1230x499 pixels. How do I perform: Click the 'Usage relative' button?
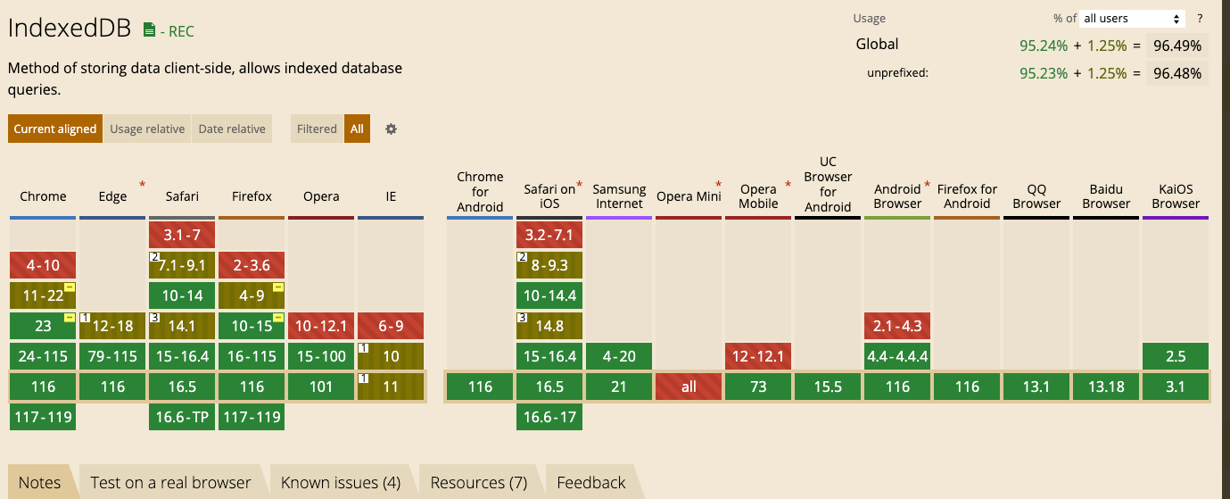[147, 129]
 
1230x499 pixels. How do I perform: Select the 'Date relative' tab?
[232, 129]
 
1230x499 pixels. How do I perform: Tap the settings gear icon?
[391, 129]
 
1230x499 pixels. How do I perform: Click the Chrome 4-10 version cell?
[43, 265]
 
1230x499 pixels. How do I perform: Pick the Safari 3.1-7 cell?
[182, 235]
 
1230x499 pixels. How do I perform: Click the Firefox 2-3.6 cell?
[252, 265]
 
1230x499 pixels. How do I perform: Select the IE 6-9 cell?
[391, 326]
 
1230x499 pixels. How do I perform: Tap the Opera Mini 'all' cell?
[689, 387]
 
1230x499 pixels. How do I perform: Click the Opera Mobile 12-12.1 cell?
[758, 356]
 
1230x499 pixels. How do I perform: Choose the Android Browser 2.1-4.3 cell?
[897, 326]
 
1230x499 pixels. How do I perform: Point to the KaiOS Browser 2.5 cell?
[1176, 356]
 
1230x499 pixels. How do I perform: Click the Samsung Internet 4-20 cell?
[619, 356]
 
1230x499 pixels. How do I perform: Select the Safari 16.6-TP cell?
[182, 417]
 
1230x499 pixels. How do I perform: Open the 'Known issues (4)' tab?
[340, 483]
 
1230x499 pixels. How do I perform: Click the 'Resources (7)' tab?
[478, 483]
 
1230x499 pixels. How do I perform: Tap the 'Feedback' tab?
[590, 483]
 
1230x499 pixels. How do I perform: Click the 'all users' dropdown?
[1132, 18]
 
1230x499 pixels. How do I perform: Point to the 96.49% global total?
[1176, 46]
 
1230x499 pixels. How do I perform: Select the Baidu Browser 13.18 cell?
[1106, 387]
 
